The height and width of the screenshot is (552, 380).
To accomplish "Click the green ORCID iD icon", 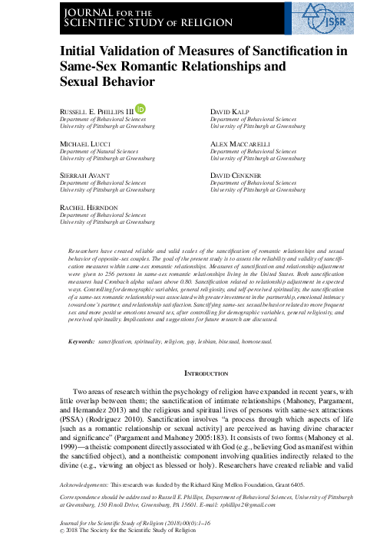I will tap(140, 111).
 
